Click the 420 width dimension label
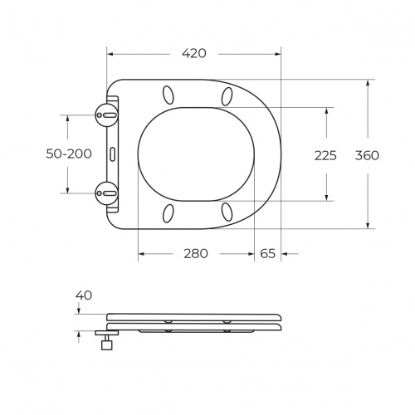[x=194, y=53]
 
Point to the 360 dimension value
[x=366, y=154]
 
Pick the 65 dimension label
[x=267, y=253]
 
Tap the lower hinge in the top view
[x=106, y=193]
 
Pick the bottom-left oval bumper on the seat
[x=168, y=213]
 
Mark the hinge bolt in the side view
[x=106, y=344]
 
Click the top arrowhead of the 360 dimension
[x=367, y=82]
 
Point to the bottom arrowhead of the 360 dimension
[x=367, y=224]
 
